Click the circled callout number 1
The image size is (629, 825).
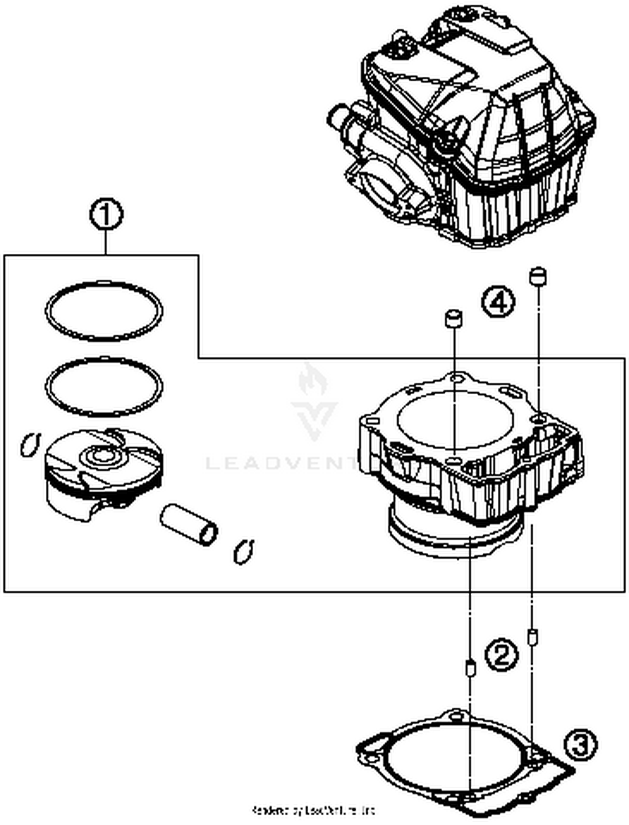pos(106,215)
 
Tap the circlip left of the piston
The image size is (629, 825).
pos(30,444)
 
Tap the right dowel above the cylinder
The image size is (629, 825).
pos(538,276)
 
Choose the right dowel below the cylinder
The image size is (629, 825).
pos(533,638)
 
